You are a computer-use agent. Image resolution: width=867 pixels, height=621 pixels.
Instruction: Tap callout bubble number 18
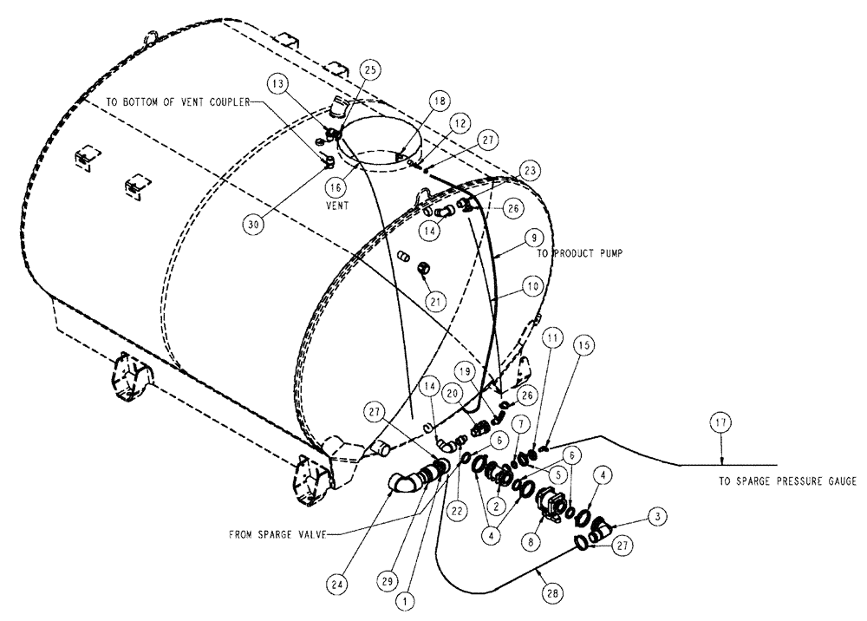[440, 101]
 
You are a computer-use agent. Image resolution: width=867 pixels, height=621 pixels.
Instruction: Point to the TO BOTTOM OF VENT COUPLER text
[177, 101]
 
